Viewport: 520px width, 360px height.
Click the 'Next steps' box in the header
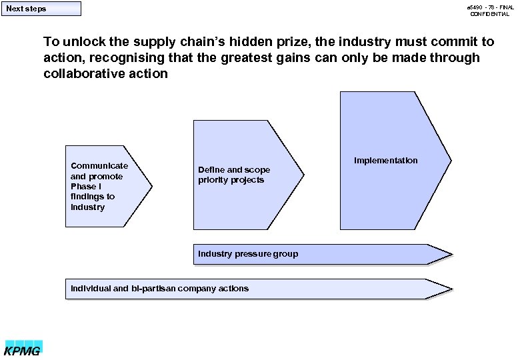[41, 9]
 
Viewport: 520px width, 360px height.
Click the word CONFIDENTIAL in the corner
[489, 14]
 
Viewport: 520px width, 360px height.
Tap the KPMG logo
[23, 348]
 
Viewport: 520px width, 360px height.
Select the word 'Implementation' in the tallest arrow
[386, 161]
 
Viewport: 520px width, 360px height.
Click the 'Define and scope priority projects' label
[234, 175]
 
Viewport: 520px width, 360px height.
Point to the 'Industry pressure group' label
[248, 253]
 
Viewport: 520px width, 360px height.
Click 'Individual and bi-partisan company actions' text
[159, 288]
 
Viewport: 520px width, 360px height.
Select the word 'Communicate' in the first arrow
[99, 165]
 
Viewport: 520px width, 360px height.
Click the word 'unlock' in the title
[81, 42]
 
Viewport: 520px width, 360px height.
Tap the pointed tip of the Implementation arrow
[450, 160]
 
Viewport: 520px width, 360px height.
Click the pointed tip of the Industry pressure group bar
[451, 254]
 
